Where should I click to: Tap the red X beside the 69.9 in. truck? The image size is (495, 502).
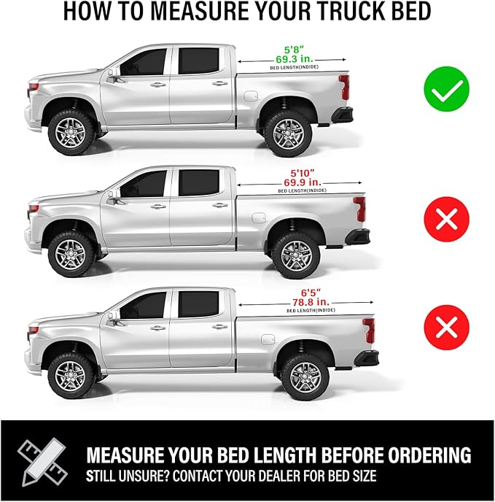(446, 216)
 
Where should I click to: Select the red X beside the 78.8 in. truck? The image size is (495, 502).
(446, 327)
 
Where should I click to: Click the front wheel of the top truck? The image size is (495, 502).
(71, 131)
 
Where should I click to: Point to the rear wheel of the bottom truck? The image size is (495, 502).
(305, 376)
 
